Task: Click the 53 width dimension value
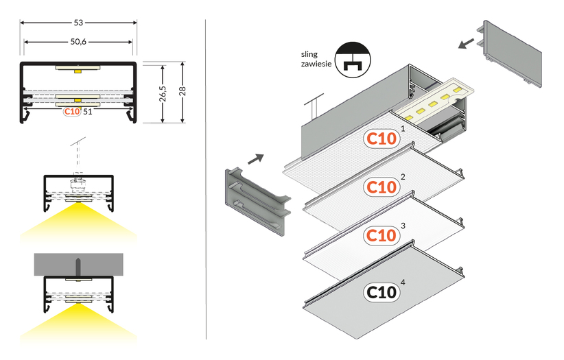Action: tap(78, 23)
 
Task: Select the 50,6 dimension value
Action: tap(78, 42)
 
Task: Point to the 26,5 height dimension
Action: tap(163, 93)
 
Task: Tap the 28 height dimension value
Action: tap(183, 91)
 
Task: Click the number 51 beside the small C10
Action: tap(87, 112)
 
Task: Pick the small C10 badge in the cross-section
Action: tap(72, 112)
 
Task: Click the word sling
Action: tap(309, 54)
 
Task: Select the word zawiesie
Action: tap(316, 64)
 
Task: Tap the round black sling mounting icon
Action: tap(353, 60)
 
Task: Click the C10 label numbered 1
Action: tap(381, 139)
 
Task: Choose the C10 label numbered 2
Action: tap(381, 187)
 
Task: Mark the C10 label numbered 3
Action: tap(381, 236)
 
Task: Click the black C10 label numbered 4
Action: tap(381, 292)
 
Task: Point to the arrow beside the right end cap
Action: tap(467, 43)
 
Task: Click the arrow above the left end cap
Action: tap(256, 158)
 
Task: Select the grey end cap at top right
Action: tap(510, 53)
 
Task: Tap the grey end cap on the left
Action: tap(258, 202)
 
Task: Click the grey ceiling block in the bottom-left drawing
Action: tap(79, 264)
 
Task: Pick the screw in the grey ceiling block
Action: tap(78, 267)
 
